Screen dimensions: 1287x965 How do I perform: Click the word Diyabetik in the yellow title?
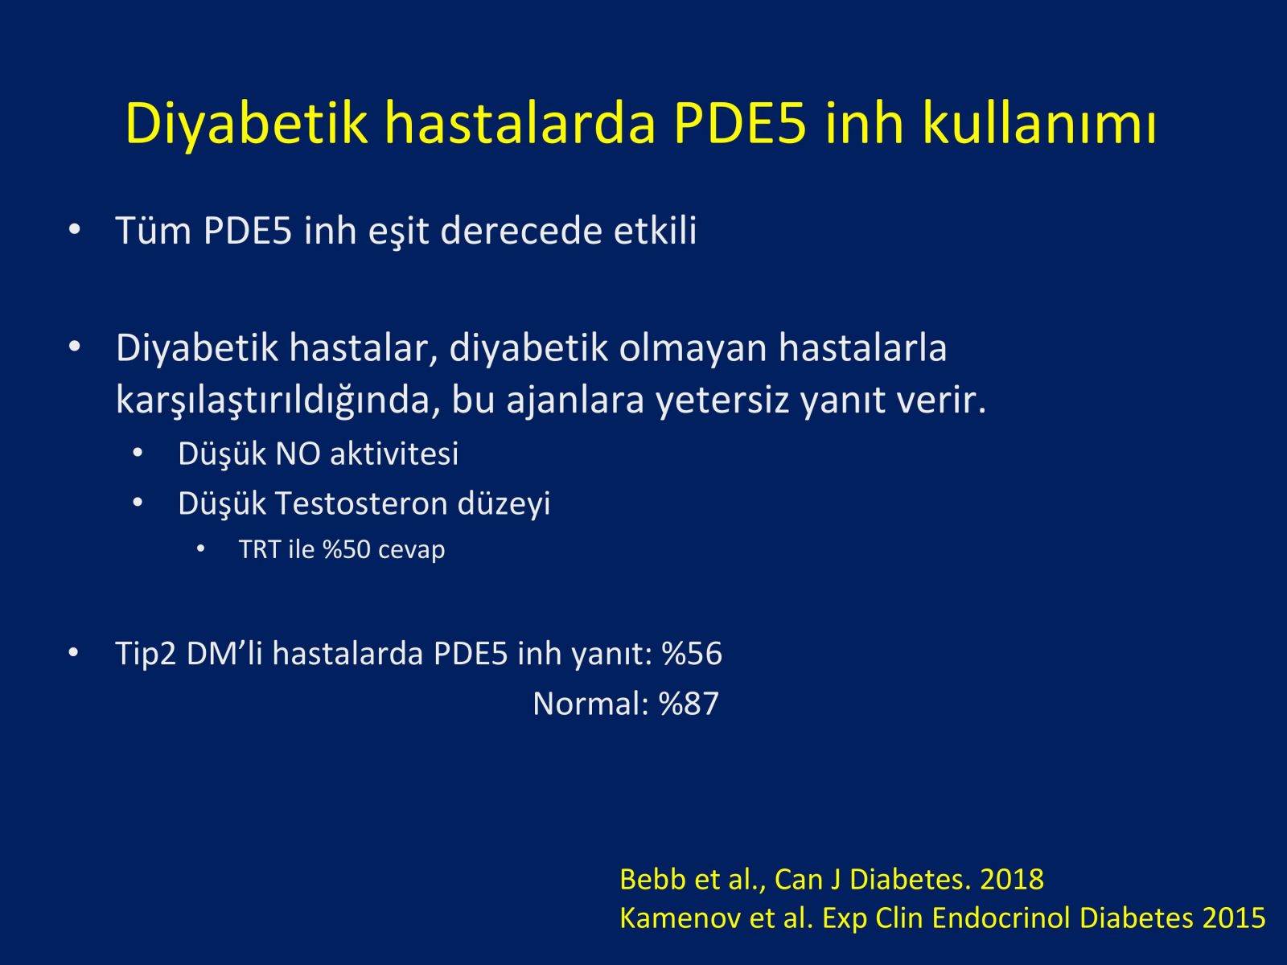click(x=246, y=124)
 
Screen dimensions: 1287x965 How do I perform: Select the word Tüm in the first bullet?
click(x=154, y=230)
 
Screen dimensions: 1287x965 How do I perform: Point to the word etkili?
click(x=655, y=230)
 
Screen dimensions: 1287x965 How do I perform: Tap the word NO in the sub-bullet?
click(x=298, y=454)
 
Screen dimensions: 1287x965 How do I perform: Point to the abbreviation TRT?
click(x=260, y=549)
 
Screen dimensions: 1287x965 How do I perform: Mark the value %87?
click(x=689, y=704)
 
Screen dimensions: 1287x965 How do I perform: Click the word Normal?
click(x=591, y=704)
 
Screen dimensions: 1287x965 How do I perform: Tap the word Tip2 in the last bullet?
click(x=146, y=654)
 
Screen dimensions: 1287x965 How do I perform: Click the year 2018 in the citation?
click(x=1012, y=880)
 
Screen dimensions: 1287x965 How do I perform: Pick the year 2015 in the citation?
click(x=1234, y=918)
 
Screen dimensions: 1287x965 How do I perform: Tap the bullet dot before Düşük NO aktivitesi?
click(x=138, y=453)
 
